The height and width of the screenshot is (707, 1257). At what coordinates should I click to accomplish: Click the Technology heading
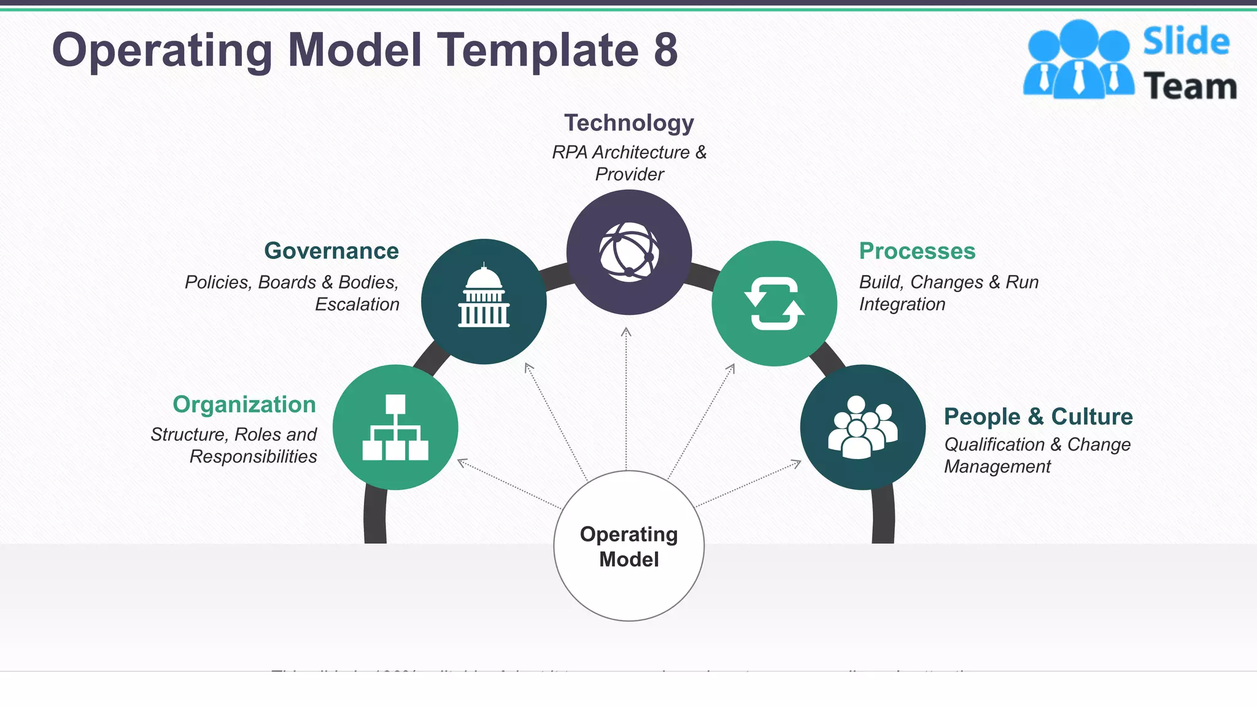click(x=629, y=123)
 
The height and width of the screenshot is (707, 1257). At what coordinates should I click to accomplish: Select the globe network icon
click(x=629, y=252)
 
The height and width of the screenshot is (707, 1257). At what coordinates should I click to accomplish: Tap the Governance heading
click(x=331, y=251)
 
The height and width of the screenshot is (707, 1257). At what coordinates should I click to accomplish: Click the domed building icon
click(x=484, y=297)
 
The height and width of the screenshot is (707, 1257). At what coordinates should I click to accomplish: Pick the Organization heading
click(x=244, y=404)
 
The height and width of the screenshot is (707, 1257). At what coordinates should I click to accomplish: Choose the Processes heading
click(x=917, y=251)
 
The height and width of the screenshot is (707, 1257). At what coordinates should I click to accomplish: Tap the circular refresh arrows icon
click(x=775, y=303)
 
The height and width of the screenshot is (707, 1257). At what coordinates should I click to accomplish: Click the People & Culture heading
click(x=1038, y=416)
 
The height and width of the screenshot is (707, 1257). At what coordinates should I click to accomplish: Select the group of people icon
click(x=862, y=427)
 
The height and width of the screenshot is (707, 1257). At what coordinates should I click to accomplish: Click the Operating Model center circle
click(x=629, y=546)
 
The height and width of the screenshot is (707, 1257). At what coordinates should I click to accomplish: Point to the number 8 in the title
click(x=665, y=50)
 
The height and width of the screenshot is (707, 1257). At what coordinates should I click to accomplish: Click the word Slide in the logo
click(x=1186, y=42)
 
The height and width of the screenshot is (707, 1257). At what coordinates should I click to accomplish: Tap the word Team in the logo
click(x=1190, y=86)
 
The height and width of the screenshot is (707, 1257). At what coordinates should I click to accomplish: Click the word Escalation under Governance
click(x=357, y=304)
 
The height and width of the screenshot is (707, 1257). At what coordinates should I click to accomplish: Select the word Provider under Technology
click(x=630, y=174)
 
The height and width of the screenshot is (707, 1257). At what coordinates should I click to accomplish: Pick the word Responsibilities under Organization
click(x=253, y=457)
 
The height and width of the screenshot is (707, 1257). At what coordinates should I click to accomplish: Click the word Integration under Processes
click(x=902, y=304)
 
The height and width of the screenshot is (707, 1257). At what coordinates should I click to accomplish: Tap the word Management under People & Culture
click(x=997, y=466)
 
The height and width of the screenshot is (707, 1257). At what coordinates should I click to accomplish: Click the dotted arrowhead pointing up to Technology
click(x=626, y=332)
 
